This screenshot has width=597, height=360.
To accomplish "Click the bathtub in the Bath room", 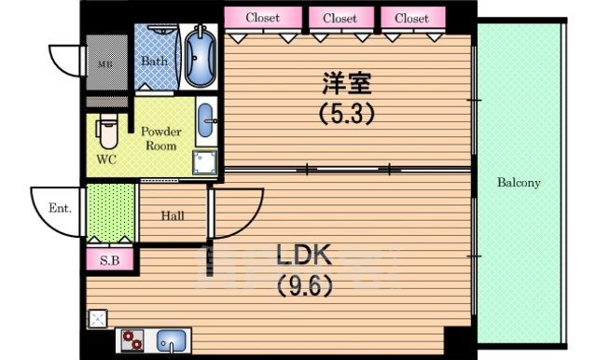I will (x=201, y=57).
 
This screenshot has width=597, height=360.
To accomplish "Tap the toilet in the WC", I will (x=108, y=132).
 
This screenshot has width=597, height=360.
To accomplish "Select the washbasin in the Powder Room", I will (x=207, y=120).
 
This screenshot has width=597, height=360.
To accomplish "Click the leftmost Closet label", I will (x=263, y=18).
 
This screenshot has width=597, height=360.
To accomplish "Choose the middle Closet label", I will (x=340, y=18).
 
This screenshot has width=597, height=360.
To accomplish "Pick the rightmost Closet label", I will (x=411, y=18).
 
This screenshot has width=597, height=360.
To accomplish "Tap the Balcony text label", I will (x=519, y=183).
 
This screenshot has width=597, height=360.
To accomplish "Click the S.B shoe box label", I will (x=109, y=260).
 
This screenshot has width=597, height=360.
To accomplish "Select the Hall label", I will (x=173, y=216).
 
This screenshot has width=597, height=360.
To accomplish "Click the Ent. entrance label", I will (x=60, y=208).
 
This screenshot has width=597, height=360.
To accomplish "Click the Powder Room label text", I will (x=161, y=139).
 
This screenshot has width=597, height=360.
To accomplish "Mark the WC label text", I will (x=108, y=159).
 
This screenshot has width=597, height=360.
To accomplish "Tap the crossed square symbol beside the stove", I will (x=97, y=318).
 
